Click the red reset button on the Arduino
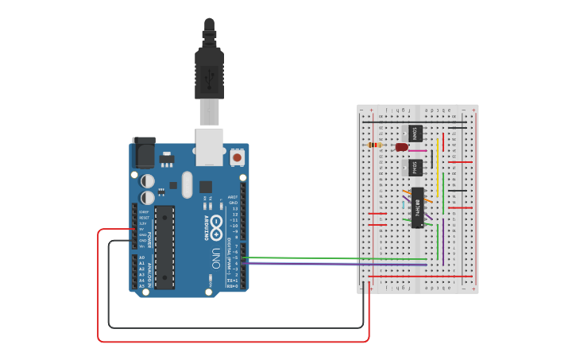[237, 159]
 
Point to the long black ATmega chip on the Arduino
[164, 247]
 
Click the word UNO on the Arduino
[215, 259]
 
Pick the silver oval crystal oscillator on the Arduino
[187, 185]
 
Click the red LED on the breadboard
[402, 147]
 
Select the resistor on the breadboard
[377, 145]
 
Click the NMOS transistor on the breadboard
[416, 133]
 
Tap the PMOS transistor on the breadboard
[416, 168]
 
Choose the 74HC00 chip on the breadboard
[418, 207]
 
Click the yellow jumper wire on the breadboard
[436, 157]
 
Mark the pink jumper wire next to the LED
[418, 150]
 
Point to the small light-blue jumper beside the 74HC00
[404, 205]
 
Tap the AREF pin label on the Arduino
[233, 197]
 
